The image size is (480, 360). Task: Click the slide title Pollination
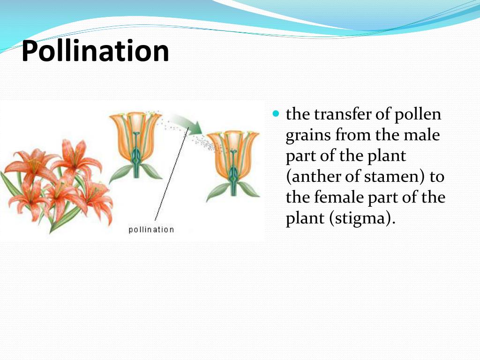pos(95,52)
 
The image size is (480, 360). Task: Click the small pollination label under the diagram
pos(151,229)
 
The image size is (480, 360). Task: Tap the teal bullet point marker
pos(276,114)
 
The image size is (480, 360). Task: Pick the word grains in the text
pos(307,135)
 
